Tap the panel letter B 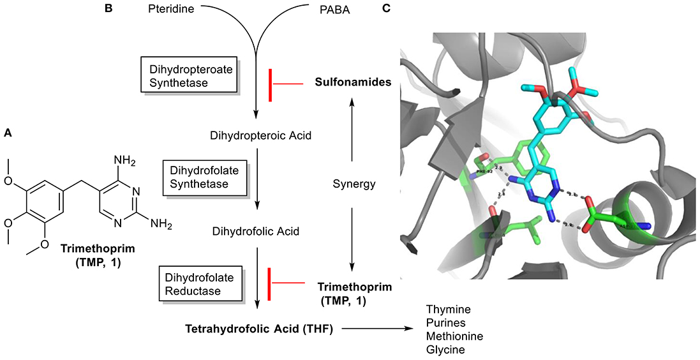(x=108, y=8)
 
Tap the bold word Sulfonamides (x=353, y=83)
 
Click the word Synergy (x=352, y=185)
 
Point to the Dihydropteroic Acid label (x=256, y=135)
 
